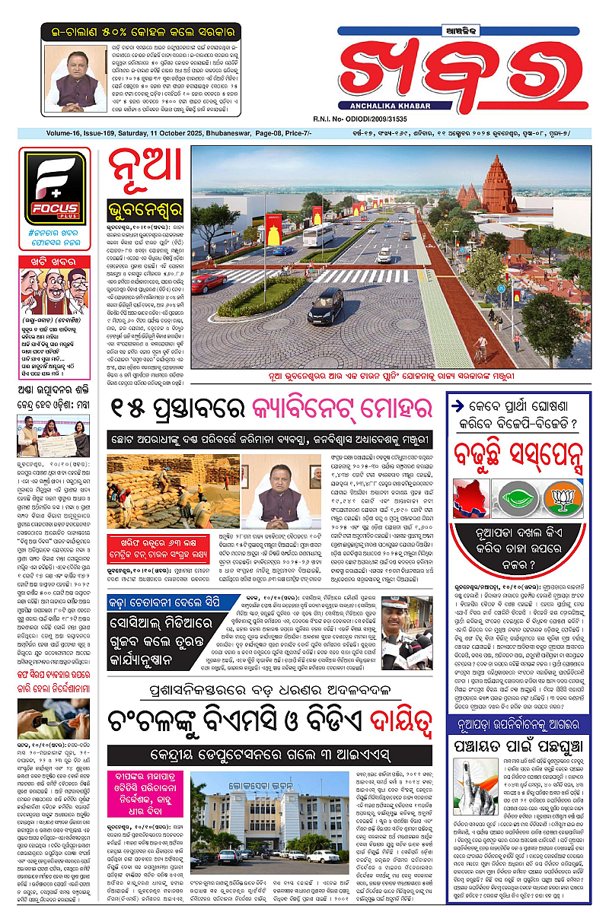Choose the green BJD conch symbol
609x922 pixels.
518,498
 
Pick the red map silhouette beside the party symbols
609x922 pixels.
471,498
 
